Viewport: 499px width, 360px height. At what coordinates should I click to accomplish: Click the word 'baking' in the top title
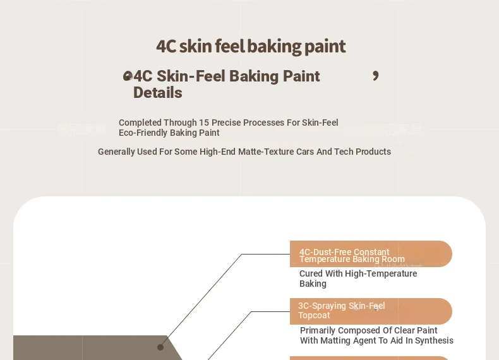click(x=274, y=47)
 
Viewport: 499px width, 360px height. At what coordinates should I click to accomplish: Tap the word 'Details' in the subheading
click(x=157, y=93)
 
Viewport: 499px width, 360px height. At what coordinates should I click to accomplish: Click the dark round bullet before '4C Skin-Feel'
click(x=128, y=76)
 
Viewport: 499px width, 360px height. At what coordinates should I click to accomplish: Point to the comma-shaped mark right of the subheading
click(x=376, y=76)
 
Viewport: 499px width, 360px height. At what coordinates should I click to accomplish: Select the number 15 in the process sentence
click(x=204, y=123)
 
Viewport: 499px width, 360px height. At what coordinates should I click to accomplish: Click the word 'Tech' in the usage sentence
click(x=344, y=152)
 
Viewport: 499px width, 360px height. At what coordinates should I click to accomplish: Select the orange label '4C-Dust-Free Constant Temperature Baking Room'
click(x=371, y=254)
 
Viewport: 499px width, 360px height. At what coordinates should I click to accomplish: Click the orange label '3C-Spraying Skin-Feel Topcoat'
click(x=371, y=311)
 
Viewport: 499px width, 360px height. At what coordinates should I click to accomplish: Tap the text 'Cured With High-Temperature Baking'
click(x=358, y=279)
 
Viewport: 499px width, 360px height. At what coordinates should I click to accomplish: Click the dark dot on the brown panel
click(x=160, y=347)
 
